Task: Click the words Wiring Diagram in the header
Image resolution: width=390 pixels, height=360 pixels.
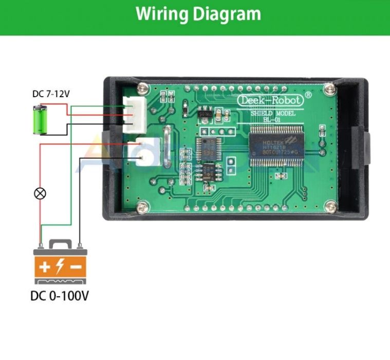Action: tap(198, 14)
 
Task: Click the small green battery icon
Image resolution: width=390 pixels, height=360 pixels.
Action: tap(40, 119)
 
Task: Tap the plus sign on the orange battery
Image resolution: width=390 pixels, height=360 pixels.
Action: tap(45, 267)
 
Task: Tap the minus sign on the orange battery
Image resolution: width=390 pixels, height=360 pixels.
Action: tap(76, 267)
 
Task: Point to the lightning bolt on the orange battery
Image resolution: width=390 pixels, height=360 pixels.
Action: tap(60, 267)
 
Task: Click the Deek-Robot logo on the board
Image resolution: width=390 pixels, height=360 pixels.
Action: tap(270, 100)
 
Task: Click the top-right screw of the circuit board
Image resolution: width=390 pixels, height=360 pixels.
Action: tap(332, 91)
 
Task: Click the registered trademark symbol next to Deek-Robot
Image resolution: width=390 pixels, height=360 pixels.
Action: tap(308, 95)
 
